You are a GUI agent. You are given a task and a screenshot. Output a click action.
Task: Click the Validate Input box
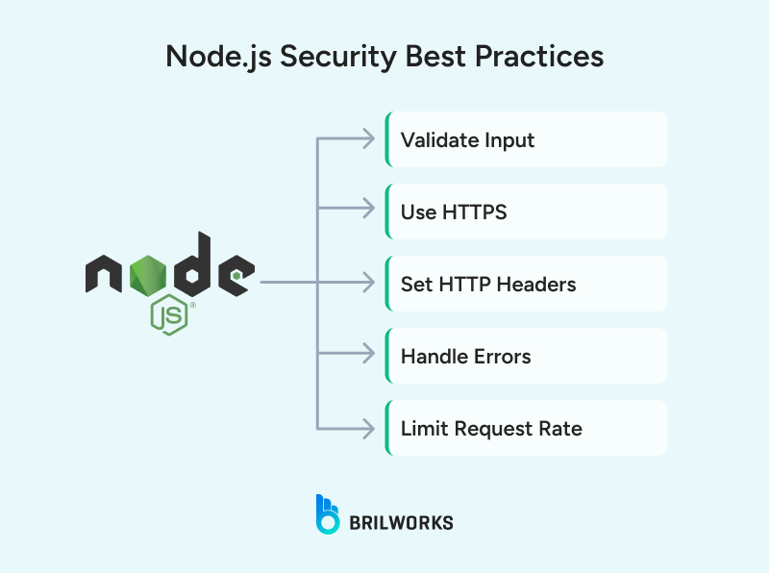[526, 139]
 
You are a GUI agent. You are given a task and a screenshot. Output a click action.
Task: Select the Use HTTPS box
[526, 212]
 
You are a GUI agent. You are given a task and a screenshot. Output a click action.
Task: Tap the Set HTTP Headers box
[526, 284]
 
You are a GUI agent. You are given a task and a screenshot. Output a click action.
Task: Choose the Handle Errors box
[526, 356]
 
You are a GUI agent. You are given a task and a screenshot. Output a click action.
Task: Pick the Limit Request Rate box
[526, 428]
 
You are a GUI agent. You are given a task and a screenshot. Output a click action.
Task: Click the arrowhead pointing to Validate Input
[367, 139]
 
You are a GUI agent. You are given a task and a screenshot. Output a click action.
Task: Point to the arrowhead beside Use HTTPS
[367, 212]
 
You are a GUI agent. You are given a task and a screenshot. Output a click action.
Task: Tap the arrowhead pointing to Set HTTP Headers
[367, 284]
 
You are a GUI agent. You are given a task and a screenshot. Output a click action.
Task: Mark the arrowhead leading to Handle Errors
[367, 356]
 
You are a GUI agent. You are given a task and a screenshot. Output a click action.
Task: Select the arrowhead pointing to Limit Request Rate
[367, 428]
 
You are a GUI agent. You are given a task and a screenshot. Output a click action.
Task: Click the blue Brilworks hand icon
[328, 513]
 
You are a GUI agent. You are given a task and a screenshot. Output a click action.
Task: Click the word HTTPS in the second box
[474, 212]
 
